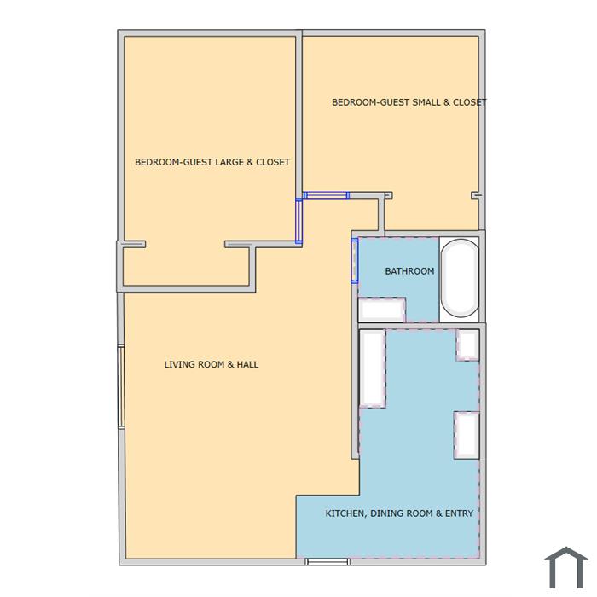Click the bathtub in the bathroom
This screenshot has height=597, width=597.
pos(460,278)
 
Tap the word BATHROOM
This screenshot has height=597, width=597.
pos(409,271)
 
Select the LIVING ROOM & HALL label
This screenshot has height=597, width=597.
pos(212,364)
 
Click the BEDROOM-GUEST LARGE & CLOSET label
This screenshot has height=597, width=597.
pos(212,162)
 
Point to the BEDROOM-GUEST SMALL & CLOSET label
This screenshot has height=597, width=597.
pos(409,102)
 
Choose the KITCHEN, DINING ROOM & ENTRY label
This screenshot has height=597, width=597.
pos(399,513)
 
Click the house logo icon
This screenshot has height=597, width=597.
pos(566,567)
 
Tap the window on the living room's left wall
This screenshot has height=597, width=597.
pos(121,386)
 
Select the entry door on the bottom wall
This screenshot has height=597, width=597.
pos(327,561)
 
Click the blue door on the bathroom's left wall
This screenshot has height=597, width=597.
pos(355,261)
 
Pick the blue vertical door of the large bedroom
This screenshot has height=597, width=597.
pos(298,221)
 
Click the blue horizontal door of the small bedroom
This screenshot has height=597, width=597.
pos(327,195)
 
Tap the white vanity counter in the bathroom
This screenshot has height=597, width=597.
pos(382,310)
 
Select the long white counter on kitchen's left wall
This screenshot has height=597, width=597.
pos(373,369)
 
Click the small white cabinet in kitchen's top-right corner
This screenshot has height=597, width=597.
pos(467,345)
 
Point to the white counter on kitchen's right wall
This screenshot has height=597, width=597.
pos(467,435)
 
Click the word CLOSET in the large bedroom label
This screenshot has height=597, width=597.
pos(273,162)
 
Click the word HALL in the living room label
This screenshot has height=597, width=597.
pos(247,364)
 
